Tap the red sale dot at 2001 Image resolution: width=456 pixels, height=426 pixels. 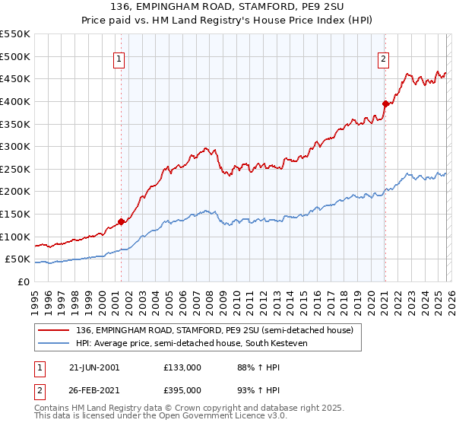pyautogui.click(x=121, y=222)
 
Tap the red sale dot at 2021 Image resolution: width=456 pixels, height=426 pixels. pyautogui.click(x=385, y=103)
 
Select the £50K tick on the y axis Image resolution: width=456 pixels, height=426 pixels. pyautogui.click(x=18, y=259)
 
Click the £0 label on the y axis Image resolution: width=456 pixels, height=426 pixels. pyautogui.click(x=24, y=281)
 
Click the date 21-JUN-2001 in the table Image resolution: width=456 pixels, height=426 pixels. pyautogui.click(x=93, y=367)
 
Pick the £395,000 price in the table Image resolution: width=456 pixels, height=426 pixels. pyautogui.click(x=182, y=389)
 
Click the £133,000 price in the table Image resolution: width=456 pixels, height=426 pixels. pyautogui.click(x=182, y=367)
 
